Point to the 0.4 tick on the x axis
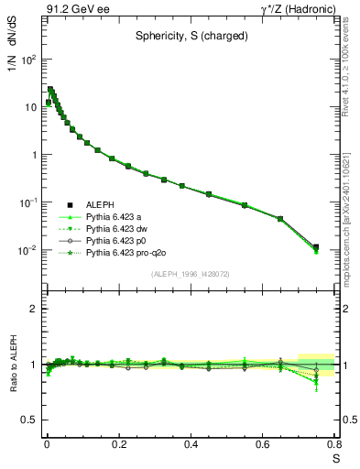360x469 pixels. (x=191, y=447)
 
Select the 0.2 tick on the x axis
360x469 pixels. (x=118, y=447)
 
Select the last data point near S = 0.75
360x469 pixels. (x=316, y=247)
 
